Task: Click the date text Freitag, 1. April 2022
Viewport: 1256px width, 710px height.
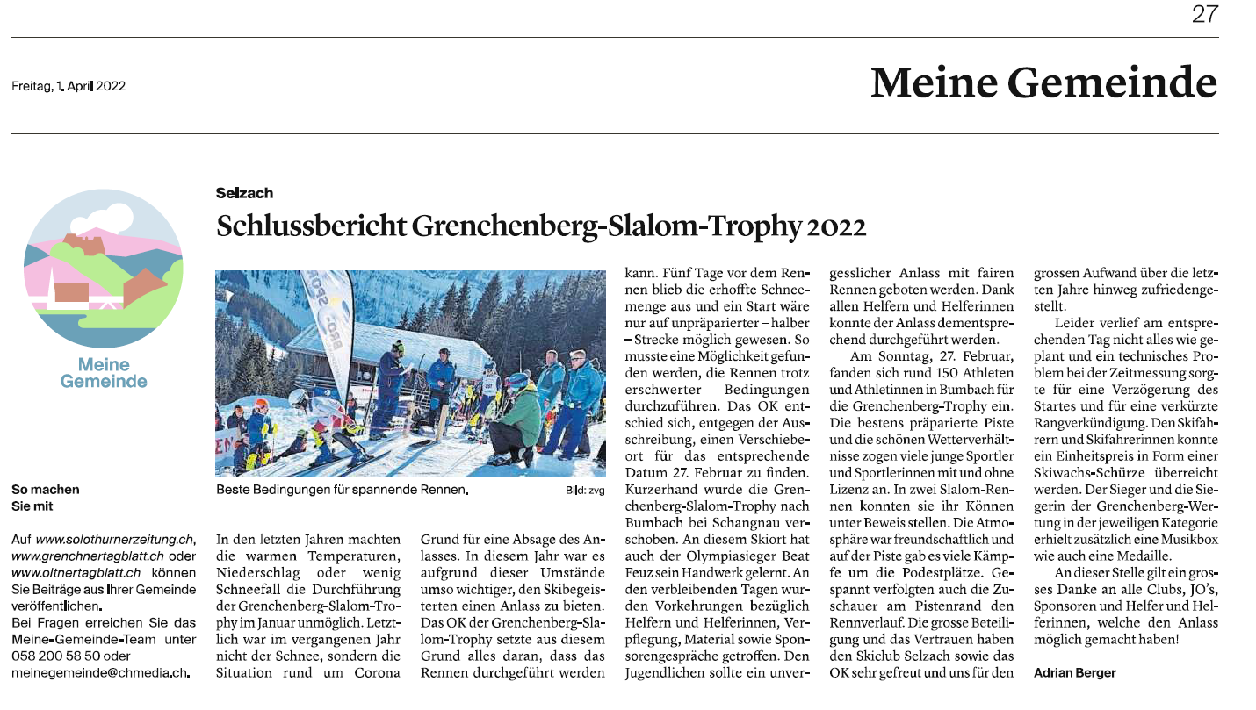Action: click(x=69, y=86)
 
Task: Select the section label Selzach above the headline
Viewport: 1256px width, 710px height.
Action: click(x=244, y=193)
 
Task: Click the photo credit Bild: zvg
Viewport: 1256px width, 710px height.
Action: click(x=585, y=491)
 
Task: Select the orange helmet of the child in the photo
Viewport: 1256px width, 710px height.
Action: click(x=261, y=405)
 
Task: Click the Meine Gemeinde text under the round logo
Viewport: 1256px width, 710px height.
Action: click(x=104, y=372)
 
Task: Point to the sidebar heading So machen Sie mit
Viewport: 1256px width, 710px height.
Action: click(x=45, y=498)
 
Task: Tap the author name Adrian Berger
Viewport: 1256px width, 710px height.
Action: click(x=1074, y=672)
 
